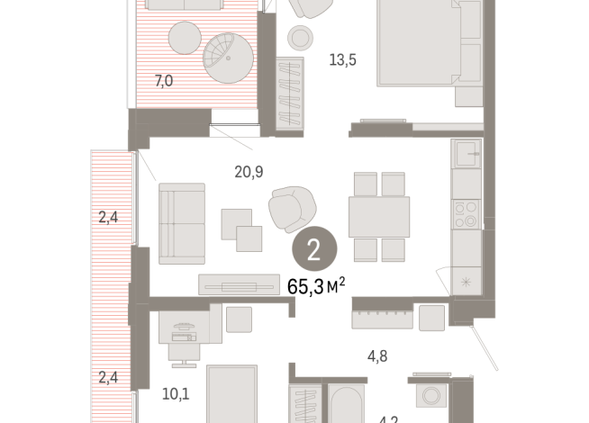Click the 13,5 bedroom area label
click(343, 61)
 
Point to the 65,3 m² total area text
click(316, 286)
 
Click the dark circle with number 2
click(314, 250)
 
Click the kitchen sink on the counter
click(467, 156)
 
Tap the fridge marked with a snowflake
click(466, 280)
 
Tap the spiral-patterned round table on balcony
click(225, 55)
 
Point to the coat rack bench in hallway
click(382, 317)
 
